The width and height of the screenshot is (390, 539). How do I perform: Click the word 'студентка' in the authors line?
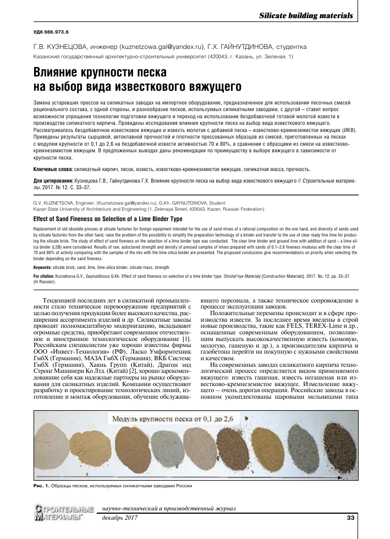(290, 48)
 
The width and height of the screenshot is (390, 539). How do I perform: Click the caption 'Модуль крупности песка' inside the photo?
(160, 420)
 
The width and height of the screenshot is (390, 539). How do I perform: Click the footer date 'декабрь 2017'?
(119, 518)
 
